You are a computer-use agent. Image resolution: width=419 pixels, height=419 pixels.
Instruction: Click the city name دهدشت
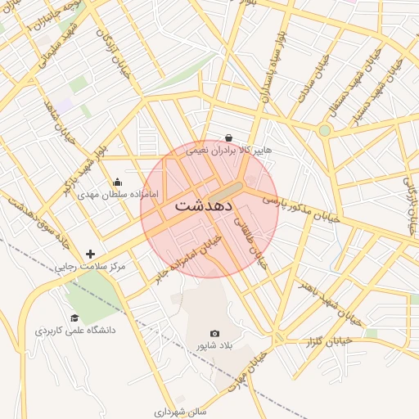point(209,206)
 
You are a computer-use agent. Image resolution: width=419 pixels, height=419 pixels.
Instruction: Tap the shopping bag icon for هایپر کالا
point(228,137)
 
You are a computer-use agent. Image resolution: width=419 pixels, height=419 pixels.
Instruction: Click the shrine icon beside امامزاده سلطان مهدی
point(117,182)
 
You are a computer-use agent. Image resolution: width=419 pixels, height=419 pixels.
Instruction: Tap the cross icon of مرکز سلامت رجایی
point(90,255)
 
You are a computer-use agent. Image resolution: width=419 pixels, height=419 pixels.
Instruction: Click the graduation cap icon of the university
point(74,318)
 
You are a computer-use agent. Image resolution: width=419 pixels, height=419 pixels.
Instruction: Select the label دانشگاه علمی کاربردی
point(75,331)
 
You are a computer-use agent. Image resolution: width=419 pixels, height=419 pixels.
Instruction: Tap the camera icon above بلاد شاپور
point(214,333)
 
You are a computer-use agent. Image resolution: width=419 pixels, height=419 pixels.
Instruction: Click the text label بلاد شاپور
point(214,346)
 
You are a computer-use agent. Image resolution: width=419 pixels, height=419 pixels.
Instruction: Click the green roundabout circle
point(325,130)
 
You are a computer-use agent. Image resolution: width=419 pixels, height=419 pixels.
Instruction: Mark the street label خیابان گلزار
point(327,340)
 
